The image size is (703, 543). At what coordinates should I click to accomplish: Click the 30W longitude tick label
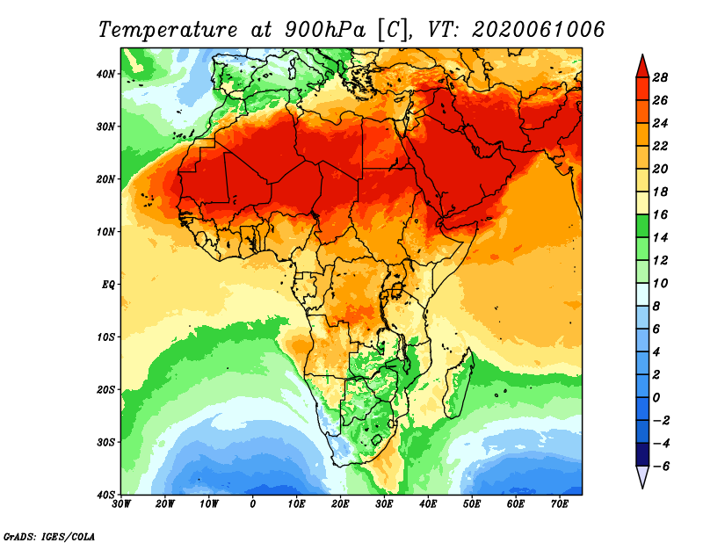(x=122, y=504)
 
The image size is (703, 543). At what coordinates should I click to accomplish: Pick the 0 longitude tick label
(x=253, y=504)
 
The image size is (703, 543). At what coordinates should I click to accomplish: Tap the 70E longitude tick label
(x=560, y=504)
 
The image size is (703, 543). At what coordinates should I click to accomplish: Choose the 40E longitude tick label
(x=428, y=504)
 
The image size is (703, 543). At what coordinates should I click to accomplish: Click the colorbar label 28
(x=660, y=77)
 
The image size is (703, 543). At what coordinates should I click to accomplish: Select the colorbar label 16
(x=660, y=214)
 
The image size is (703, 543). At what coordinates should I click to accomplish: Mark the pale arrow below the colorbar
(x=641, y=477)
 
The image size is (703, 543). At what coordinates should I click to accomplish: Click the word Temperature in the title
(x=166, y=29)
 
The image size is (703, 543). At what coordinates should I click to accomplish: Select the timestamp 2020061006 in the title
(x=539, y=29)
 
